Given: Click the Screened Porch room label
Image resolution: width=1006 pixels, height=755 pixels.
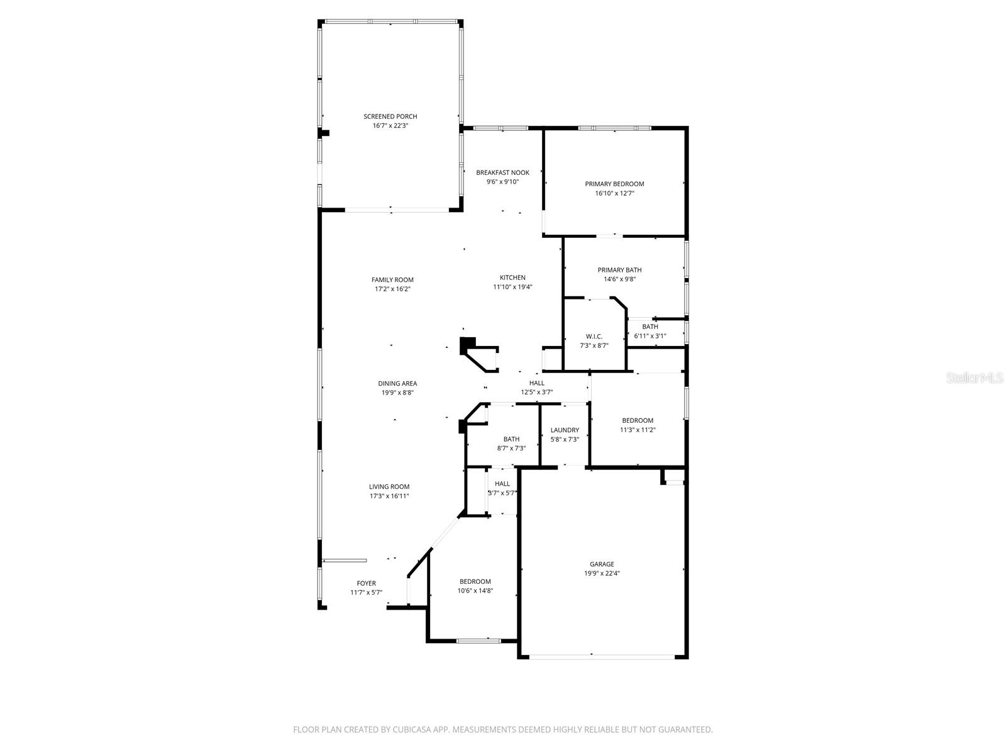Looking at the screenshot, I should [390, 116].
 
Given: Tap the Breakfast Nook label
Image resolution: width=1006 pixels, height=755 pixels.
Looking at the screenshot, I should [502, 172].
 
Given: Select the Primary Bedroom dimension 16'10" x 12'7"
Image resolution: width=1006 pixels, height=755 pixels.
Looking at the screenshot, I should [614, 193].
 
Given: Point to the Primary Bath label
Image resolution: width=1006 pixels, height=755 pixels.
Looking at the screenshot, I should [619, 270].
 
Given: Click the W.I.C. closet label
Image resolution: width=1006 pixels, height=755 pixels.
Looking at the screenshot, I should [594, 337].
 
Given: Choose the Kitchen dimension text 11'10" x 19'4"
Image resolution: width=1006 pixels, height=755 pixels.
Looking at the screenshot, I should [512, 287].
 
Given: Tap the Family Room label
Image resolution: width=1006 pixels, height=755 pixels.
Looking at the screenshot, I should [392, 280].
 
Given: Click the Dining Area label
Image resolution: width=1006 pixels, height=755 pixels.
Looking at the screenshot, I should [397, 383].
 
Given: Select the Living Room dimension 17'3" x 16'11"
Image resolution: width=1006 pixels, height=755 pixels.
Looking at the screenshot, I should [389, 496].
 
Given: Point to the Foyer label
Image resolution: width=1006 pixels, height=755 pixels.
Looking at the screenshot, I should [366, 583].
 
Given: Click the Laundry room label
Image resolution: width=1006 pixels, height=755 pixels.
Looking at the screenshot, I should [565, 430].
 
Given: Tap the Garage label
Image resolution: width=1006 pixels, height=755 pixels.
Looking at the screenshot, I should [602, 564].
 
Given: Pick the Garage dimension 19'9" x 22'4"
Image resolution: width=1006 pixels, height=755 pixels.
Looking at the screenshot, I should [602, 573].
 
